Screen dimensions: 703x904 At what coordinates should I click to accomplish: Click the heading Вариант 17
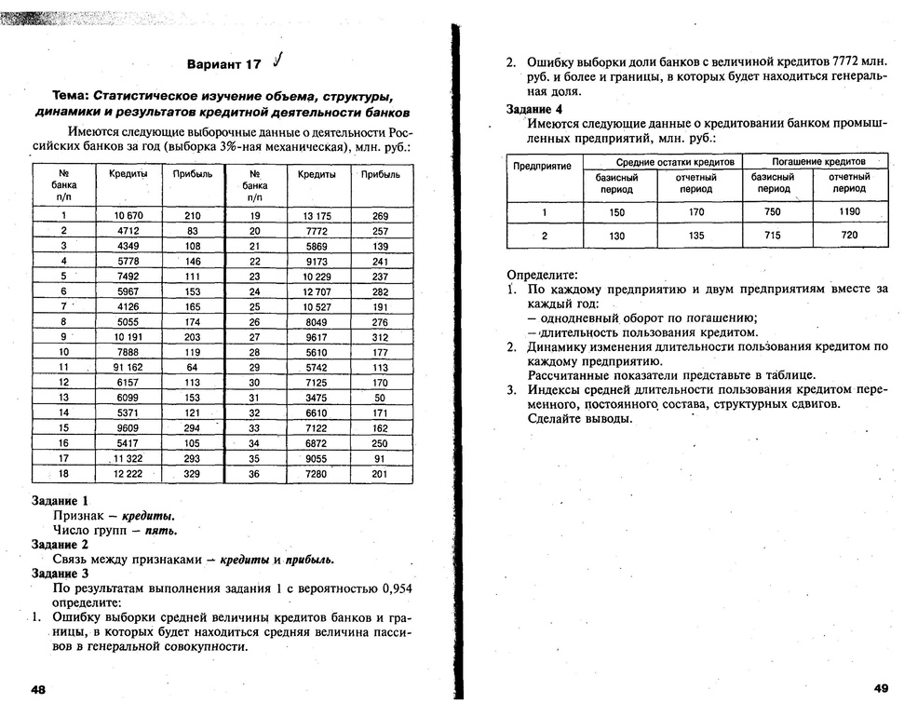pos(224,65)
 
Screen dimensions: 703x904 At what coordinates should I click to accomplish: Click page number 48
pos(39,689)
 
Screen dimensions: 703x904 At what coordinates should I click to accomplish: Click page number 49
pos(881,688)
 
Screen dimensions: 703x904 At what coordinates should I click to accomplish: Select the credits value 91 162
pos(128,367)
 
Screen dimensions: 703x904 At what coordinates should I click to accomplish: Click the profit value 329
pos(193,474)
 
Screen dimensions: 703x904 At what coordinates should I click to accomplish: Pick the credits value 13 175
pos(317,216)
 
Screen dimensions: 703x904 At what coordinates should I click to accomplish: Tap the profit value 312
pos(380,337)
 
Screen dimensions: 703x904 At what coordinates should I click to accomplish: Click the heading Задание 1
pos(60,500)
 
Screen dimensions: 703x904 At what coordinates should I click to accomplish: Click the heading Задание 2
pos(60,544)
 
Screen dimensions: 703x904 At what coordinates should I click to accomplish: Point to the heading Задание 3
pos(60,574)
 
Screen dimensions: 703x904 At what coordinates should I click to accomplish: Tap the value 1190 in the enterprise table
pos(848,211)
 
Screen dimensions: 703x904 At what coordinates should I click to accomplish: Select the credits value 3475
pos(317,398)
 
